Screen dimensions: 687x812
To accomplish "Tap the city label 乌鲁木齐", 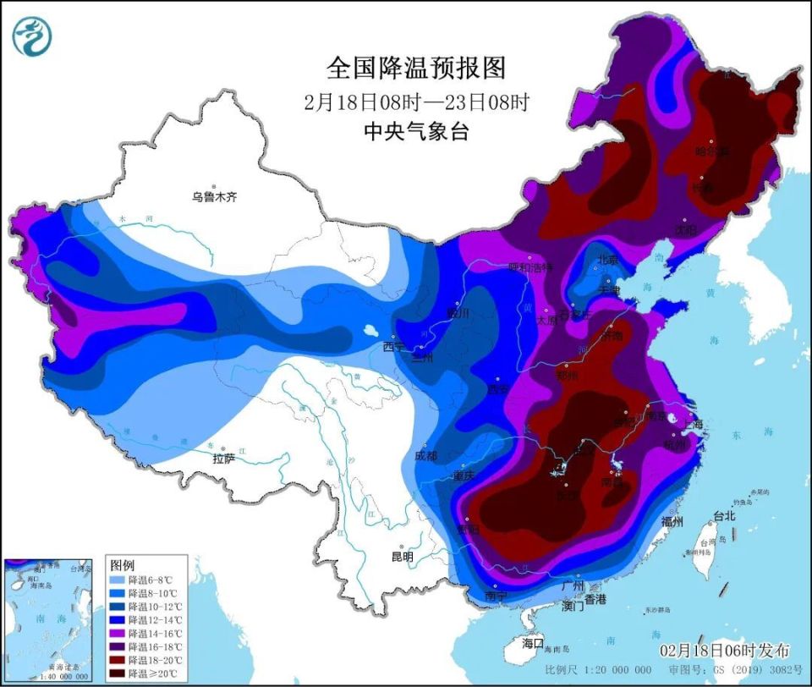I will click(x=215, y=196).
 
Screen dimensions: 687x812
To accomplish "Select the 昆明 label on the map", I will click(x=402, y=557).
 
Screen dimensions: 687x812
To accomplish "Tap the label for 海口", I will click(x=534, y=643).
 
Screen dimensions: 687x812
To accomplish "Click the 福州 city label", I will click(x=672, y=521).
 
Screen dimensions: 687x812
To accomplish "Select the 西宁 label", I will click(x=393, y=346).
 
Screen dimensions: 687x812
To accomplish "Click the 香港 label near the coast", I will click(x=595, y=599).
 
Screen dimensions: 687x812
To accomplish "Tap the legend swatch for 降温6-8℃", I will click(x=118, y=580).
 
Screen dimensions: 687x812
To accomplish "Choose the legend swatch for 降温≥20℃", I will click(x=118, y=673).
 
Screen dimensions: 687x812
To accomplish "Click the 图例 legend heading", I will click(x=122, y=564).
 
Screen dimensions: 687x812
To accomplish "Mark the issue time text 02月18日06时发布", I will click(x=725, y=650).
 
